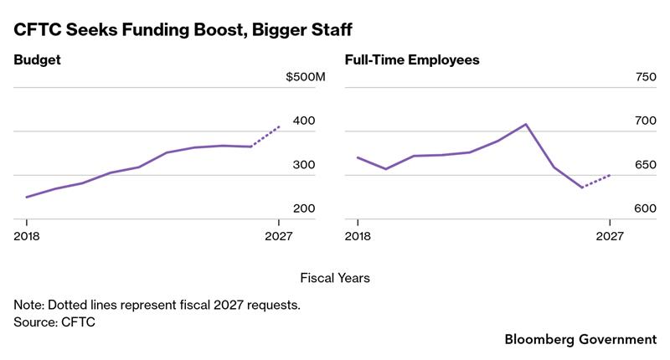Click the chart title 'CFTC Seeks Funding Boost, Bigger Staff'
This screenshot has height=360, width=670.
[182, 31]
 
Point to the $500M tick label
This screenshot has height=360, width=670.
[304, 78]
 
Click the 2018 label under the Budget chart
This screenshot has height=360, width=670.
[28, 236]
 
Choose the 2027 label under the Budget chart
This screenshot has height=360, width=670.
[278, 236]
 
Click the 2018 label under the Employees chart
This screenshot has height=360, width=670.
[358, 236]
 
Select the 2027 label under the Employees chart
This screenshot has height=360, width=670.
[609, 236]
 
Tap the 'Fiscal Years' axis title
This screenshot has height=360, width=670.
[335, 277]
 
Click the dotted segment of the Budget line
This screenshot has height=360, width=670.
[265, 136]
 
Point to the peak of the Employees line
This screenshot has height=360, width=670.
[525, 124]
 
